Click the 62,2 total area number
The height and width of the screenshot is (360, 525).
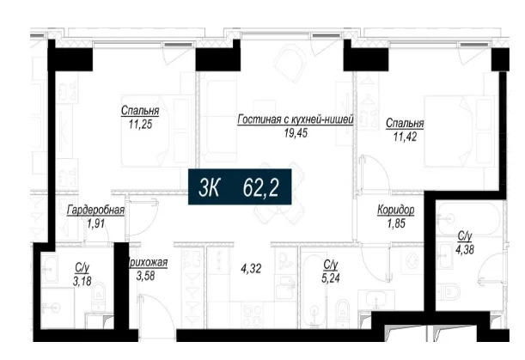tap(260, 187)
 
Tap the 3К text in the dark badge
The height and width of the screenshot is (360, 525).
tap(208, 187)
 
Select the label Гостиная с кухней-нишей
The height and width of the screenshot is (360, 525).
tap(296, 119)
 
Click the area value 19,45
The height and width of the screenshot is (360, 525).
tap(296, 133)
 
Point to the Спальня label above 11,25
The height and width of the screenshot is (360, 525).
tap(140, 111)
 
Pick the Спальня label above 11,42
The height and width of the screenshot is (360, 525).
tap(405, 124)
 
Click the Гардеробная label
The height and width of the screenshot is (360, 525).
tap(95, 211)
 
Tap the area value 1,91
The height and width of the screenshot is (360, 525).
tap(95, 223)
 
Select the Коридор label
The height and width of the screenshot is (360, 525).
tap(396, 210)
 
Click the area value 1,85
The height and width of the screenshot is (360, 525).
tap(396, 223)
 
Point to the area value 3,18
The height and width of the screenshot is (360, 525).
tap(82, 281)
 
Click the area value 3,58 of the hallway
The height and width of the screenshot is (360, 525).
tap(146, 276)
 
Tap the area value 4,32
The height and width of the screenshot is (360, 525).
tap(251, 269)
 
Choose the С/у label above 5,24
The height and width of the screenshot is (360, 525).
tap(331, 265)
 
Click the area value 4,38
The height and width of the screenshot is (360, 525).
tap(464, 249)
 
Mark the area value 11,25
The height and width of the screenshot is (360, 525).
tap(140, 125)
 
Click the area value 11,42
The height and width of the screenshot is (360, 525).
tap(405, 137)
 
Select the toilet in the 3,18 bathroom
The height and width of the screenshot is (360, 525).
tap(98, 294)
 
